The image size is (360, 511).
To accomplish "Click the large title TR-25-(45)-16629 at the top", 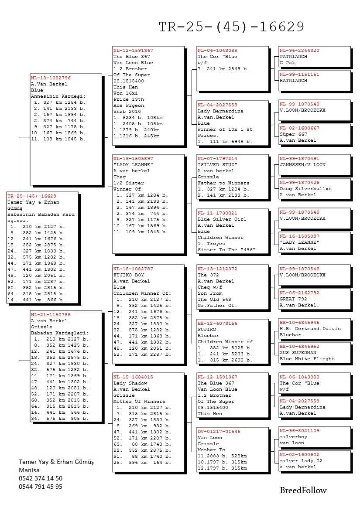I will tap(231, 27).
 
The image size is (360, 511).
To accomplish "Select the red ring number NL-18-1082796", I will tap(51, 78).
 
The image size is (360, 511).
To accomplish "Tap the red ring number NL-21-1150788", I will tap(51, 314).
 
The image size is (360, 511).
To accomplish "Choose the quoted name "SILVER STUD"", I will tap(218, 165).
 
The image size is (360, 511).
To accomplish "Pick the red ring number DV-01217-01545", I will tap(219, 431).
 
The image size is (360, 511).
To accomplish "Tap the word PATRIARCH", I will tap(294, 57).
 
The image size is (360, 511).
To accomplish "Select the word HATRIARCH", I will tap(294, 81).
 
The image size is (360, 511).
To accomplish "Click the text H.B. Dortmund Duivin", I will tap(310, 329).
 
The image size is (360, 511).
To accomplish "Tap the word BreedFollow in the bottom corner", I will tap(303, 490).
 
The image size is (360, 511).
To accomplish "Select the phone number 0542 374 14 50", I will tap(41, 478).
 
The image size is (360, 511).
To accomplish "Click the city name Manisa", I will tap(29, 470).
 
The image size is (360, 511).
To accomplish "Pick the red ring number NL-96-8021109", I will tap(299, 431).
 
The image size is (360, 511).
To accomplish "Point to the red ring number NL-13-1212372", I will tap(217, 269).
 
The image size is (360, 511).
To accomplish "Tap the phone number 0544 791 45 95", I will tap(41, 487).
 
